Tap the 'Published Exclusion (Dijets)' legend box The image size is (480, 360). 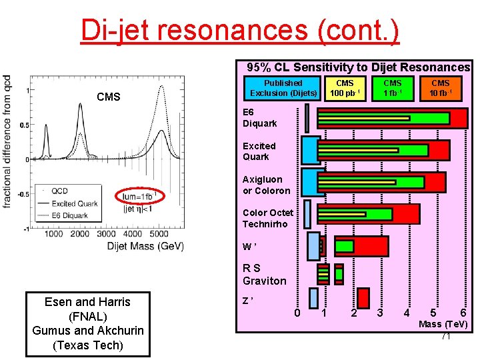tap(283, 88)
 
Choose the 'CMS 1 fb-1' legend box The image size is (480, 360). tap(393, 88)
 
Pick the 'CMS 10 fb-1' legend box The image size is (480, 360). tap(441, 88)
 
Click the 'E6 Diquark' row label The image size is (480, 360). tap(259, 118)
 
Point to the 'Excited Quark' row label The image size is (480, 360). tap(259, 151)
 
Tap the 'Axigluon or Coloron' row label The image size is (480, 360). tap(266, 185)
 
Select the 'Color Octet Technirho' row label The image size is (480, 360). tap(267, 218)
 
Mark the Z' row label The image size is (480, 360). tap(247, 300)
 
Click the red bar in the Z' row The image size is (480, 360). tap(363, 297)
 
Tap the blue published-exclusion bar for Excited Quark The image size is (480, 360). tap(310, 151)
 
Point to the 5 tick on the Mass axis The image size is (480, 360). tap(434, 313)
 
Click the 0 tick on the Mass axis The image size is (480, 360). tap(297, 313)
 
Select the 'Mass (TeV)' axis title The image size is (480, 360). tap(443, 325)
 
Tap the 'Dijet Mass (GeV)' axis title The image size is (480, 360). tap(145, 247)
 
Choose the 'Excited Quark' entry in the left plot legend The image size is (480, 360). tap(74, 203)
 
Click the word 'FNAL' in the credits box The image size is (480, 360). tap(87, 316)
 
